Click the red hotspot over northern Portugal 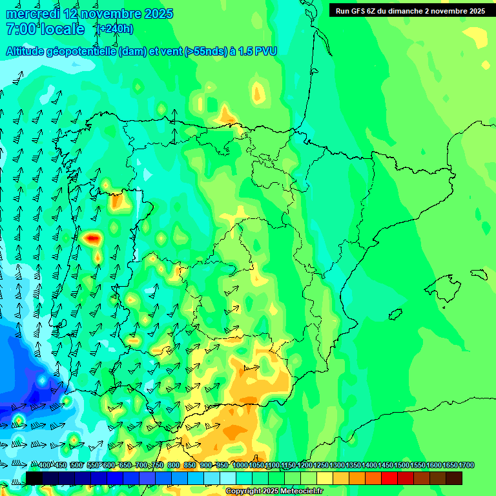93,238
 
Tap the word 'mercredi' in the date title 32,14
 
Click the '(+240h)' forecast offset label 114,28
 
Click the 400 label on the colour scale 45,465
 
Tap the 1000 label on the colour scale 240,465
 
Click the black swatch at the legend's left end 34,478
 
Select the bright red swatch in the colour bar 389,478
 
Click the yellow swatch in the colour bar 325,478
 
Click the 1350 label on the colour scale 354,465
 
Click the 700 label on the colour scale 141,465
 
